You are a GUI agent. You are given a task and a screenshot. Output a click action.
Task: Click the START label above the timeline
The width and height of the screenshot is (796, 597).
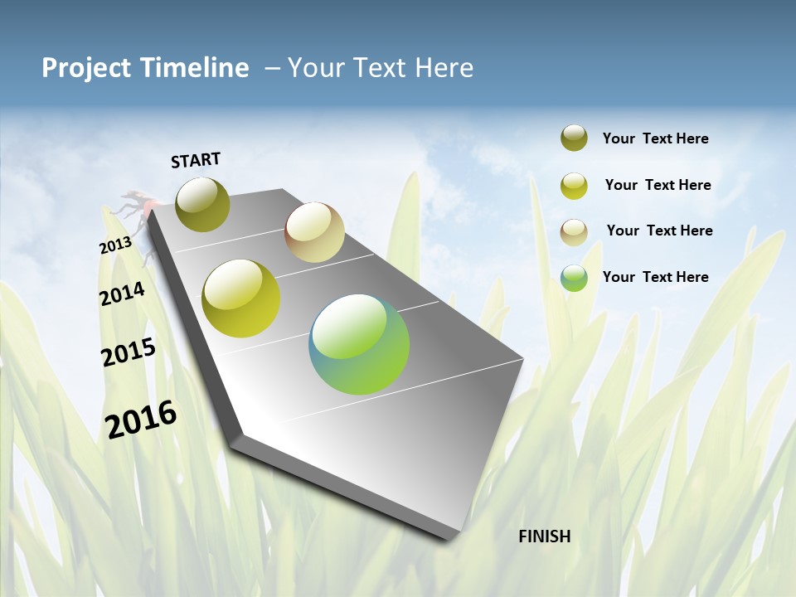pos(196,160)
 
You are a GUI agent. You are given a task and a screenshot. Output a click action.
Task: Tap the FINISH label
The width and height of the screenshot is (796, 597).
pos(545,536)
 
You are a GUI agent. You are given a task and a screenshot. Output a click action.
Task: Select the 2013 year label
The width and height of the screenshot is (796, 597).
pos(115,245)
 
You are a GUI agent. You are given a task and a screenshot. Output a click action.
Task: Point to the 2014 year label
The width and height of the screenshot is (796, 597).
pos(122,294)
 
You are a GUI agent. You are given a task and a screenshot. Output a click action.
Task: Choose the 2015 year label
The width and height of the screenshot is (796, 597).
pos(129,352)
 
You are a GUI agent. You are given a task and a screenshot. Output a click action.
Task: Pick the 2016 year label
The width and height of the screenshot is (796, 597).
pos(141,419)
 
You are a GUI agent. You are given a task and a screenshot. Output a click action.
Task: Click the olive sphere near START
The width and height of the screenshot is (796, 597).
pos(202,204)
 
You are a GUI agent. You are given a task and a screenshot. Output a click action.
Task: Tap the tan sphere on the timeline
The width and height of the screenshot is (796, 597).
pos(314,232)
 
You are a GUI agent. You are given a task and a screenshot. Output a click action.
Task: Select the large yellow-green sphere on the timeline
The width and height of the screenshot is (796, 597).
pos(241,298)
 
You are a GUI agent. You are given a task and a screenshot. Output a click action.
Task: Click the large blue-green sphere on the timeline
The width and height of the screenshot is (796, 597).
pos(359,344)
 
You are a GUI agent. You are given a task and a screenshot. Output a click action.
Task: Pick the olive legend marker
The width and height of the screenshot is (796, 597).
pos(574,138)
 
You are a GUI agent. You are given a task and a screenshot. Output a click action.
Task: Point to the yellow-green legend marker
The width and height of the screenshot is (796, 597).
pos(574,186)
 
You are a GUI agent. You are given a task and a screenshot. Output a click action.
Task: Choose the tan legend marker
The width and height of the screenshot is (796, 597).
pos(574,231)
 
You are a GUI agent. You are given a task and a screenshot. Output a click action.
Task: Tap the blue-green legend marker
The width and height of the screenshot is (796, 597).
pos(574,278)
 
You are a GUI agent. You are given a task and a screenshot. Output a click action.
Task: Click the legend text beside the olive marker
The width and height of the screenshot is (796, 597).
pos(655,138)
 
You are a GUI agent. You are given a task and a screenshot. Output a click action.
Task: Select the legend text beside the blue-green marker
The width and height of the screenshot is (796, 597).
pos(655,277)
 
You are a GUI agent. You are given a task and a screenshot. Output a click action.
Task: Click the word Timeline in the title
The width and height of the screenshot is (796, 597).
pos(196,68)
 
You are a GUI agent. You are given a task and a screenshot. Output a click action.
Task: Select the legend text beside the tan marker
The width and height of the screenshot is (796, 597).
pos(659,231)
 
